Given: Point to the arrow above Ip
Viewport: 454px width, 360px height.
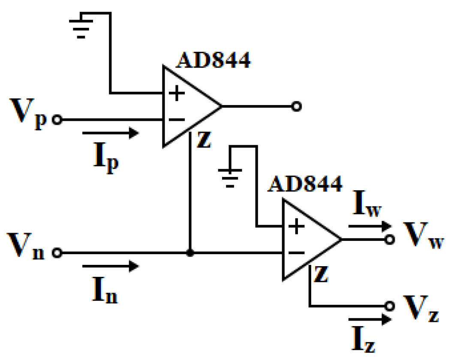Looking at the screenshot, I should tap(110, 133).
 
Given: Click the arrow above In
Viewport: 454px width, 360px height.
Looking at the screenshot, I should tap(110, 267).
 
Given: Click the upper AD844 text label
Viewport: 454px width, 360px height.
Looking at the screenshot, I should tap(213, 61).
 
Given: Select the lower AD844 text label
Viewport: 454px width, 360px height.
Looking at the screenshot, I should tap(305, 184).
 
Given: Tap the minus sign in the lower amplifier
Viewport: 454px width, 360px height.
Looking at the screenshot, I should tap(295, 253).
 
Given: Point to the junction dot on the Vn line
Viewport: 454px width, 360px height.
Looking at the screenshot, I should tap(189, 253).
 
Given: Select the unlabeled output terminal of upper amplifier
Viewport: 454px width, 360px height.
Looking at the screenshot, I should tap(295, 106).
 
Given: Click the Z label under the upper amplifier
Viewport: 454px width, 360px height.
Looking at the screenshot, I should tap(204, 141).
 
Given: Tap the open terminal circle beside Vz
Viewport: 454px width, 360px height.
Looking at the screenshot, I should tap(389, 306).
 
